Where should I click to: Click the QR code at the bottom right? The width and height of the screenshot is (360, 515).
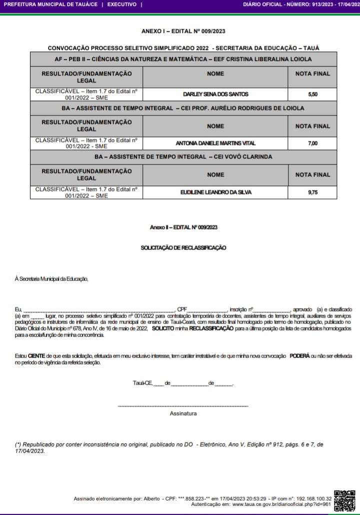pyautogui.click(x=344, y=500)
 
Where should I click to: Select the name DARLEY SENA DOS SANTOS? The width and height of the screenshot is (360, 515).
pyautogui.click(x=215, y=94)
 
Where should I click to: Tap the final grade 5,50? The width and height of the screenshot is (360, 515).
pyautogui.click(x=312, y=94)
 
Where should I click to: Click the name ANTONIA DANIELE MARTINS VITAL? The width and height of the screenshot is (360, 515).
pyautogui.click(x=215, y=143)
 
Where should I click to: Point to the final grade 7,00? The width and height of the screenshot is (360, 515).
pyautogui.click(x=312, y=143)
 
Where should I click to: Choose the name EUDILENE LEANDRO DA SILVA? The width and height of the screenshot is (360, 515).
pyautogui.click(x=215, y=192)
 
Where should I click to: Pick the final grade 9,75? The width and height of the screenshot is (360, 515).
pyautogui.click(x=312, y=192)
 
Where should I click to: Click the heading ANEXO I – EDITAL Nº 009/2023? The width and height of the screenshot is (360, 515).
pyautogui.click(x=183, y=31)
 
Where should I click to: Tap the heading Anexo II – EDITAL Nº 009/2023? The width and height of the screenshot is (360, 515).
pyautogui.click(x=183, y=227)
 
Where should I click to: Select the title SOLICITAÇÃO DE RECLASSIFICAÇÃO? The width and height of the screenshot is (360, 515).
pyautogui.click(x=183, y=247)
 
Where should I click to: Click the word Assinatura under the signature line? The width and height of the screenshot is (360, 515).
pyautogui.click(x=183, y=413)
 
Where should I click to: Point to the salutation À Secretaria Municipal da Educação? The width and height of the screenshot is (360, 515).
pyautogui.click(x=51, y=278)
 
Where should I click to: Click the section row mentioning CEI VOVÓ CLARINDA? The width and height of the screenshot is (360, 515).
pyautogui.click(x=183, y=157)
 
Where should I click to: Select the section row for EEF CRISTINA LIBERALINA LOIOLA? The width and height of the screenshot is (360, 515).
pyautogui.click(x=183, y=59)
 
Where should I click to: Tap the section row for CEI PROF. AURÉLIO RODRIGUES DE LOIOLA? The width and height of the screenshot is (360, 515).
pyautogui.click(x=183, y=108)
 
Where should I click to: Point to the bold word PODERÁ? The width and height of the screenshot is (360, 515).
pyautogui.click(x=299, y=356)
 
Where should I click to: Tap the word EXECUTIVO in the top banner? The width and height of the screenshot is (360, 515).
pyautogui.click(x=121, y=4)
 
